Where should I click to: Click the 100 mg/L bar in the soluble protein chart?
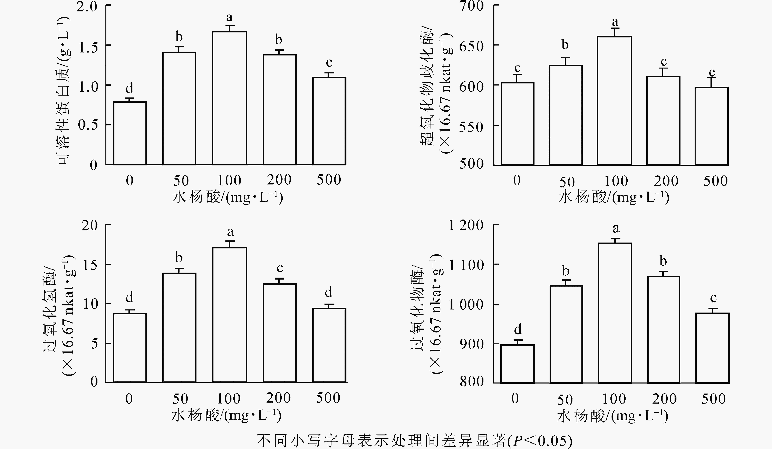229,98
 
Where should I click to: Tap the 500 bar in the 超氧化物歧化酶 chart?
711,126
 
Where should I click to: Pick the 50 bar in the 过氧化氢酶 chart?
179,327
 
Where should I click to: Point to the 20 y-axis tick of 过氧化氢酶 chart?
90,225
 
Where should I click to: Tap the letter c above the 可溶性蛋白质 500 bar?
329,63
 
